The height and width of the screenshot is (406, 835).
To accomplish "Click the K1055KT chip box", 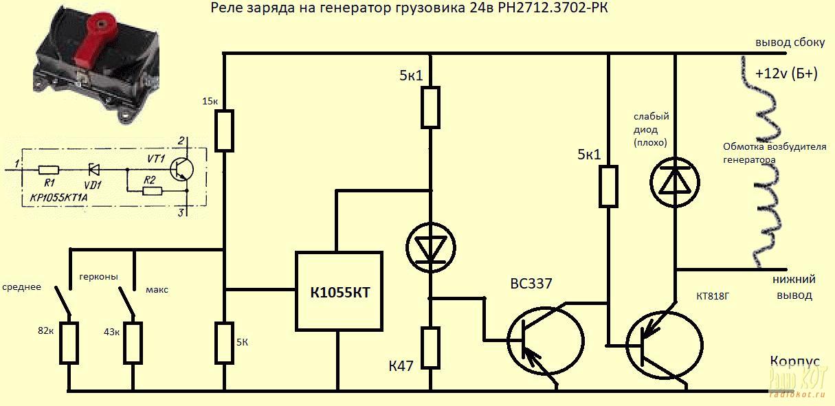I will tap(339, 291).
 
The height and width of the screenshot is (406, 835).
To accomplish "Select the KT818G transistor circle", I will tap(664, 343).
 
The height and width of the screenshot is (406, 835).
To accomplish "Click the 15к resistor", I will tap(225, 130).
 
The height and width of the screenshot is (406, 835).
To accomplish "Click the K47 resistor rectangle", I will tap(430, 348).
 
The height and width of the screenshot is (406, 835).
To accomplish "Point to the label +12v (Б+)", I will tap(786, 74).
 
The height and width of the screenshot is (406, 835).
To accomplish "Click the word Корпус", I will tap(794, 362).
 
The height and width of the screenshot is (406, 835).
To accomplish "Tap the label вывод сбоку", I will tap(790, 42).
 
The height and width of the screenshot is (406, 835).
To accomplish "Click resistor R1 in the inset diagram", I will tap(48, 169).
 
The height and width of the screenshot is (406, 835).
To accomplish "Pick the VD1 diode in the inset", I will tap(96, 169).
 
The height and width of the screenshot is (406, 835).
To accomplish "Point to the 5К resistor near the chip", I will tap(225, 342).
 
